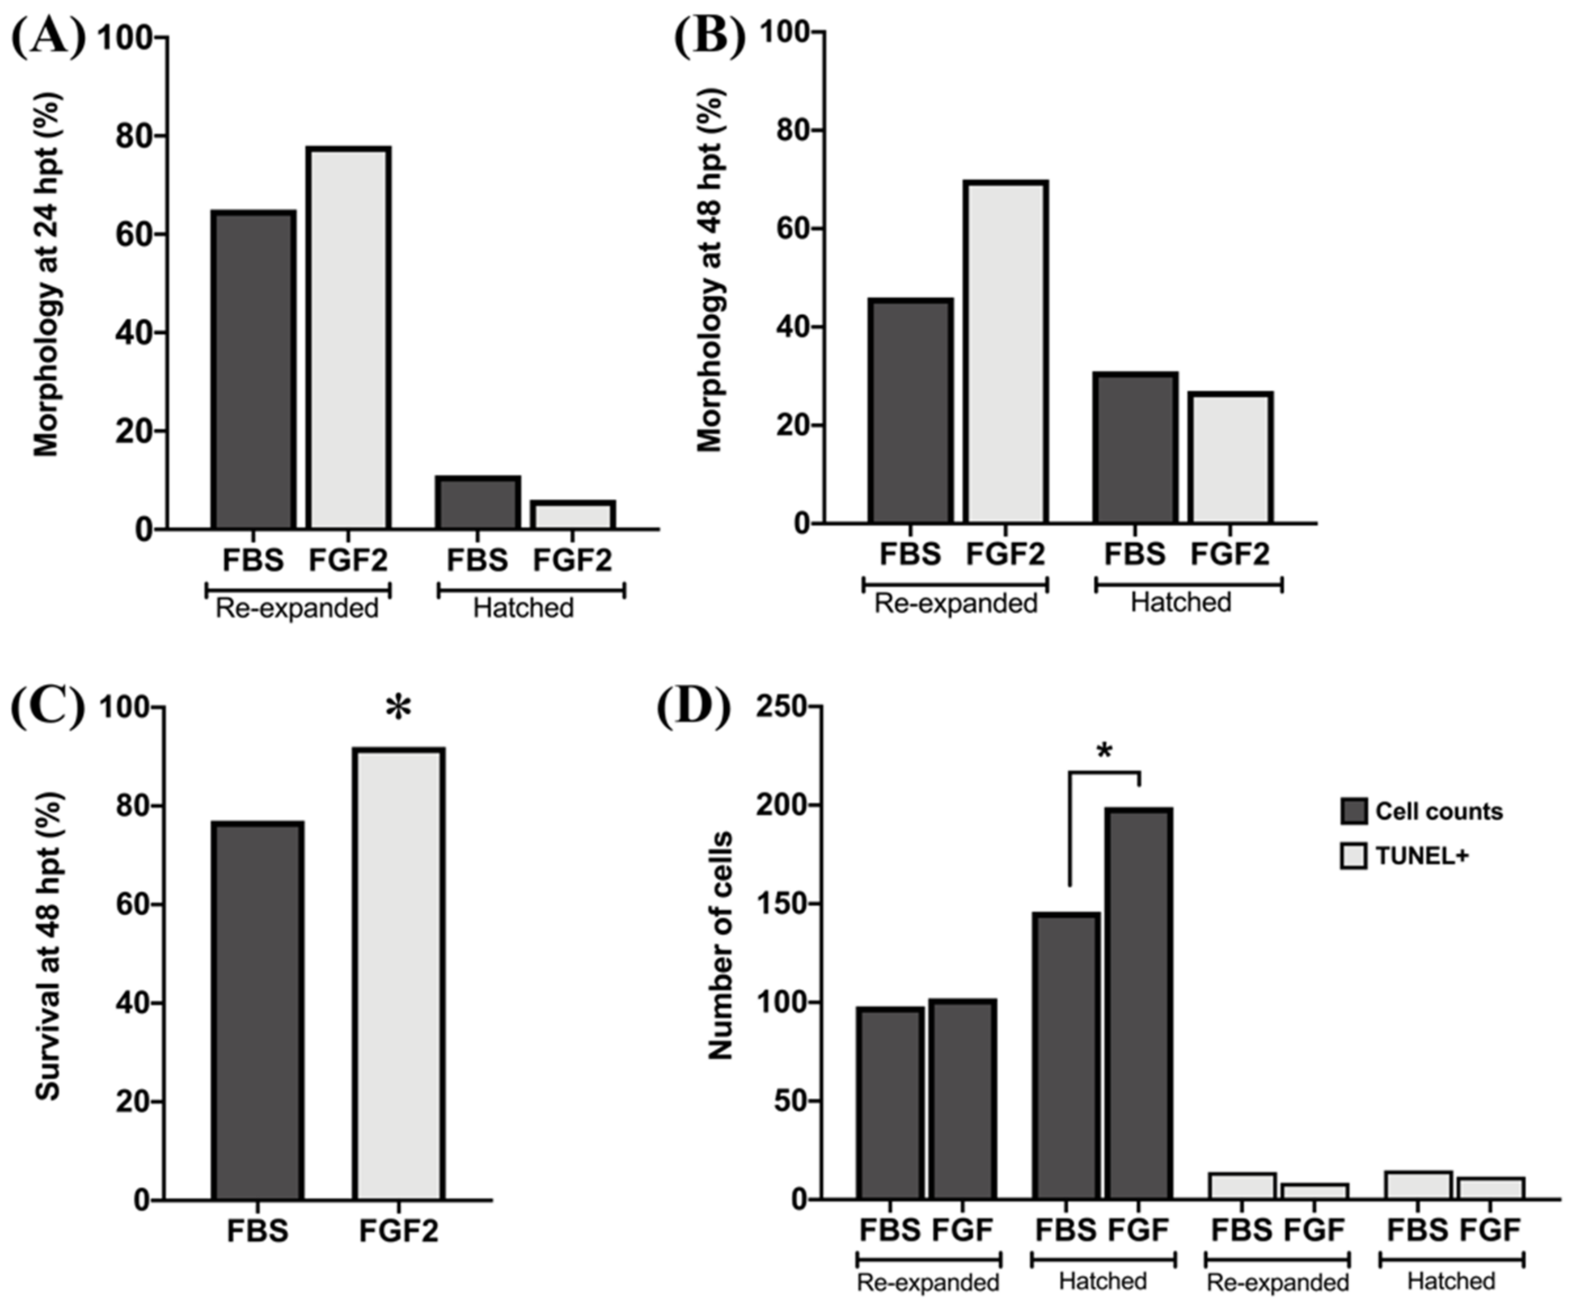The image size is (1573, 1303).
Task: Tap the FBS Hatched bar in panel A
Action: point(478,503)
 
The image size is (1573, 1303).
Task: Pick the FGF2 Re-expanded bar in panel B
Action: point(1005,352)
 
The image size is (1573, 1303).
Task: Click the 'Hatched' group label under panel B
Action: point(1181,602)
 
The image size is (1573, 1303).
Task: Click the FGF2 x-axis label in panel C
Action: point(398,1231)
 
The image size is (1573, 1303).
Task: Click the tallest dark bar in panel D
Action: point(1139,1004)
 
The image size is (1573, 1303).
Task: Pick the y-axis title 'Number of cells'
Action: point(720,947)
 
